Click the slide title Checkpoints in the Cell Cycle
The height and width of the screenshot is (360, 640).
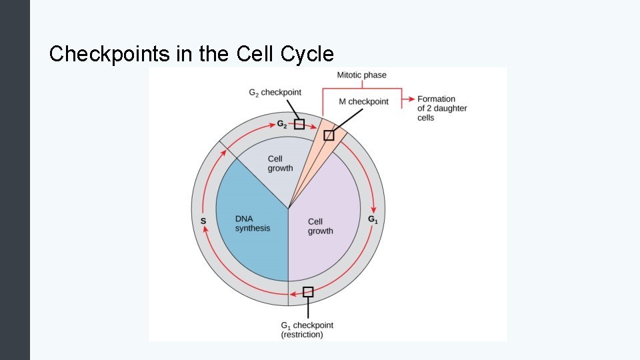(191, 53)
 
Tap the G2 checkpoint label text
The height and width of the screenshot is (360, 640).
(275, 93)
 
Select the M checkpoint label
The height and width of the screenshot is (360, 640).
(363, 102)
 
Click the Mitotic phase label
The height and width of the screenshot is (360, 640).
(361, 75)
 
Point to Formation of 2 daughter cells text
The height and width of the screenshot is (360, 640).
(441, 108)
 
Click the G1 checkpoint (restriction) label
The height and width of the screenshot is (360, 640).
(307, 330)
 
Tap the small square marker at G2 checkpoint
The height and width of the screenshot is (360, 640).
(299, 124)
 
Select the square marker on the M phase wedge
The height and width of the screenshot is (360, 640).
(328, 135)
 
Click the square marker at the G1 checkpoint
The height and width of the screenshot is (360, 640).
(308, 291)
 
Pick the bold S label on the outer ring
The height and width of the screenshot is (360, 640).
(203, 221)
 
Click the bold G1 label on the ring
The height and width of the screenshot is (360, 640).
(373, 219)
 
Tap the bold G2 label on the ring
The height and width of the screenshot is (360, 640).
(282, 124)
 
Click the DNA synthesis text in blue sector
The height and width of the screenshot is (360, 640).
(253, 224)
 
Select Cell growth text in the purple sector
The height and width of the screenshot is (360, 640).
(320, 226)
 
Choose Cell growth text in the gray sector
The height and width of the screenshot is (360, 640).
(280, 163)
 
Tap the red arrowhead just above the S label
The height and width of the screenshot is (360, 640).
(204, 230)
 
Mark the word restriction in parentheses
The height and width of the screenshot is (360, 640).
(301, 335)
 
